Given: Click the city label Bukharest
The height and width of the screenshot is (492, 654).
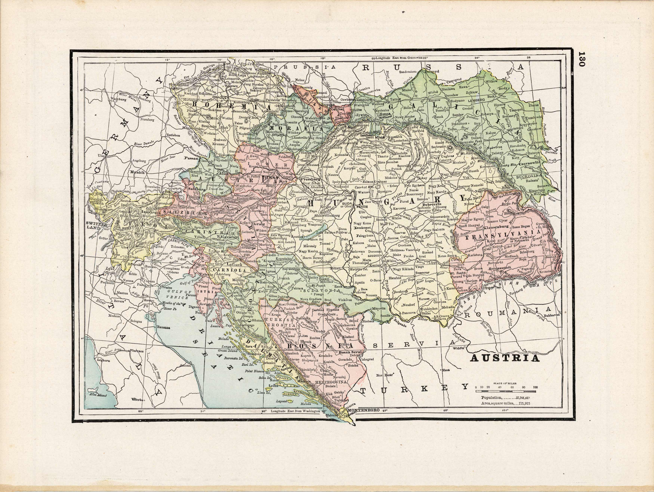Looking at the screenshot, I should [x=552, y=316].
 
